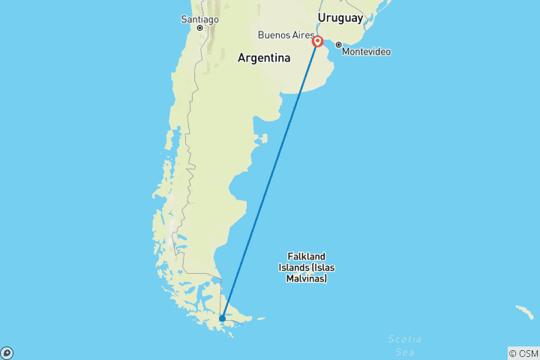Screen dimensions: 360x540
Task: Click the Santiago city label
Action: pyautogui.click(x=199, y=18)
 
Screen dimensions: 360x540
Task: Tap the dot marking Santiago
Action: pyautogui.click(x=200, y=28)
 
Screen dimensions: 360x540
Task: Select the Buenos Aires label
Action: pyautogui.click(x=286, y=34)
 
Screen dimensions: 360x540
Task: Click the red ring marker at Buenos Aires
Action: pyautogui.click(x=318, y=41)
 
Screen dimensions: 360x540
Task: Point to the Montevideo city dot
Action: pyautogui.click(x=338, y=44)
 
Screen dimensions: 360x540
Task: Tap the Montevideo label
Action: pyautogui.click(x=367, y=51)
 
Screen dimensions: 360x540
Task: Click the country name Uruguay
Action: pyautogui.click(x=340, y=17)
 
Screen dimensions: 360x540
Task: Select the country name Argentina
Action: pyautogui.click(x=263, y=58)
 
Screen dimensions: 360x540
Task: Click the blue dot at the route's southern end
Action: pyautogui.click(x=223, y=319)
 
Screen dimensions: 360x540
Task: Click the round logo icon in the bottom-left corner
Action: pyautogui.click(x=7, y=352)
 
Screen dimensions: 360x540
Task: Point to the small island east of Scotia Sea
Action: pyautogui.click(x=523, y=310)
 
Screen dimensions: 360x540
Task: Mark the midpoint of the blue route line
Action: pyautogui.click(x=270, y=180)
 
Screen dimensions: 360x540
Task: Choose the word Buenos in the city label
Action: pyautogui.click(x=272, y=34)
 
